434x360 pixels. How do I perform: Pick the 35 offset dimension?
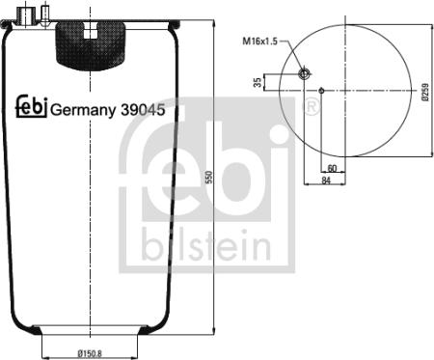point(258,83)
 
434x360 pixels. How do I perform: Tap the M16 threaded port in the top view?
point(304,74)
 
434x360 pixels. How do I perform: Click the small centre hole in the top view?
point(321,92)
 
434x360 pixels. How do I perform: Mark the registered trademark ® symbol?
point(312,103)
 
